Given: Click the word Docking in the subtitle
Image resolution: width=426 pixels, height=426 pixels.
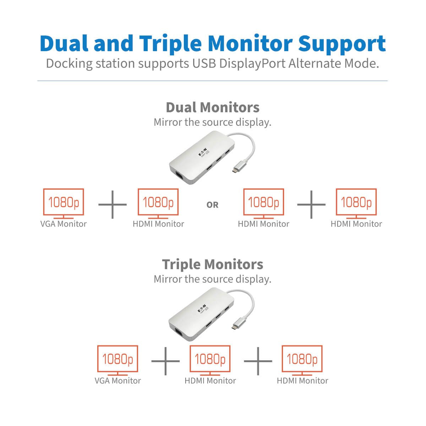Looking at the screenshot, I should (x=70, y=64).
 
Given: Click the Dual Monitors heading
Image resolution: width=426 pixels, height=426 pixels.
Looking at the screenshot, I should (x=212, y=107).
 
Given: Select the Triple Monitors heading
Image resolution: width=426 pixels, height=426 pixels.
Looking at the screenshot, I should (x=212, y=264).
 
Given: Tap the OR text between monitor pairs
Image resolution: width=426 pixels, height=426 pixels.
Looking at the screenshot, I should (x=212, y=205).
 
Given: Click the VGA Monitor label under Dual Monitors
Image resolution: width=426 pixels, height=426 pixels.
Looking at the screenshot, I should (x=63, y=224).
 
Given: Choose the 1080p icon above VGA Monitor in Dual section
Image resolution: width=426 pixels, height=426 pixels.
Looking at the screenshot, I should (x=63, y=202).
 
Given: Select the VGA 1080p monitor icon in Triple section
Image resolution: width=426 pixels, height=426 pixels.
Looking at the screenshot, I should (x=118, y=359).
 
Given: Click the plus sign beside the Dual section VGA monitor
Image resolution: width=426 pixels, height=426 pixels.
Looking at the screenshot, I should (x=112, y=204).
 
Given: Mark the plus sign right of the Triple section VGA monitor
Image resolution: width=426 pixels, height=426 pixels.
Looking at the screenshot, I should (x=165, y=361).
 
